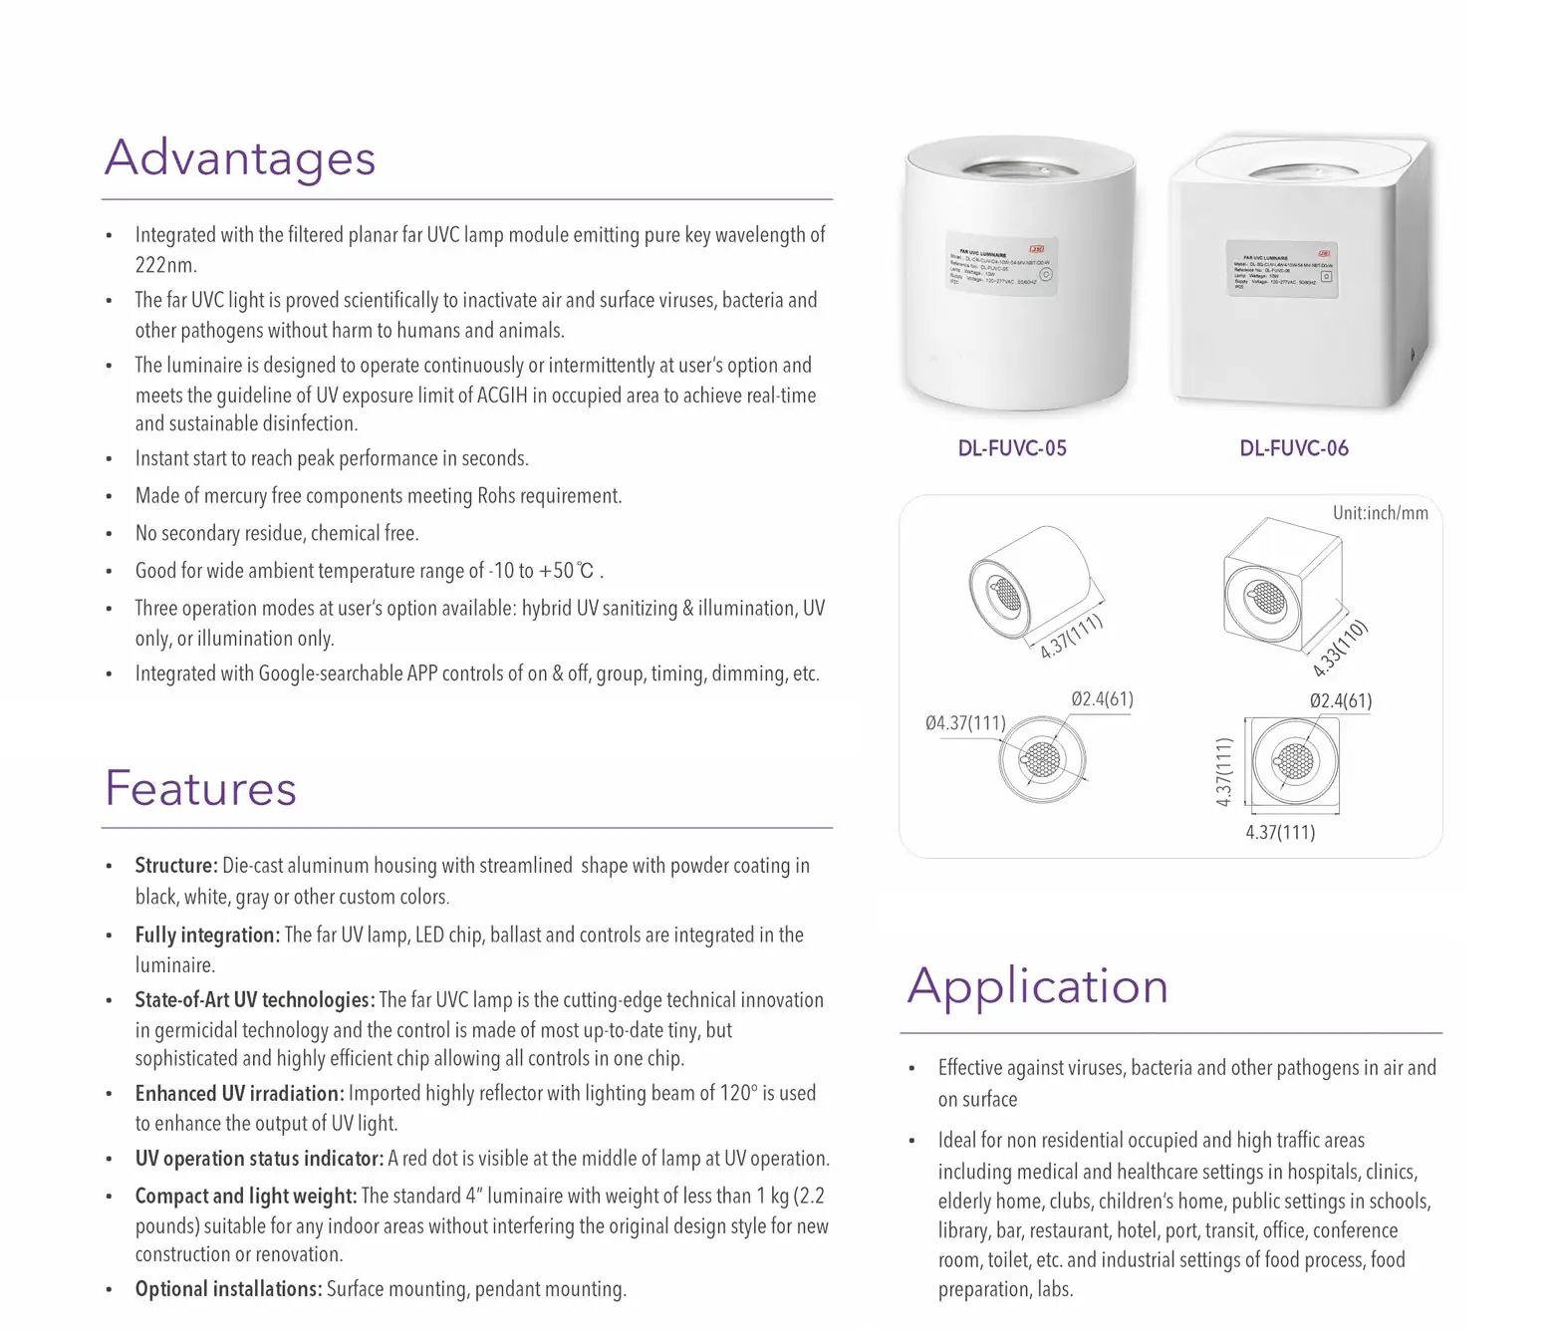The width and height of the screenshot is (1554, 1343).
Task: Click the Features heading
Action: click(201, 789)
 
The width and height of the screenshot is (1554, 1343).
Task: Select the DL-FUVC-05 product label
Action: click(1012, 448)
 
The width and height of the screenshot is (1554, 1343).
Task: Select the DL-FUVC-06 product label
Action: click(1294, 448)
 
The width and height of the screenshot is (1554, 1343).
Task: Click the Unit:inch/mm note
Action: click(1380, 513)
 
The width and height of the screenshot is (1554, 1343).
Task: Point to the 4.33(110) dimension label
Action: click(1341, 649)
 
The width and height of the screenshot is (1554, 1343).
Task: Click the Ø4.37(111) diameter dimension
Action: click(965, 723)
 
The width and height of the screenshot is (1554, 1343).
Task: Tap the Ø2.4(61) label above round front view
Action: click(1102, 699)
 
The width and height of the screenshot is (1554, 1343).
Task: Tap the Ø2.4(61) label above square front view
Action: click(1340, 701)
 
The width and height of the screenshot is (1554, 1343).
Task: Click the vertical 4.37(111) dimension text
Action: click(1224, 771)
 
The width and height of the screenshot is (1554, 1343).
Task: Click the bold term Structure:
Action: click(176, 866)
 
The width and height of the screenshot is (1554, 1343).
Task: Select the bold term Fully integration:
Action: click(207, 936)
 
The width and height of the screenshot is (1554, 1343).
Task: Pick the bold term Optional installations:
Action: click(229, 1289)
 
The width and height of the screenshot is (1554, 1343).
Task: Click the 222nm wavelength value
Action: click(166, 265)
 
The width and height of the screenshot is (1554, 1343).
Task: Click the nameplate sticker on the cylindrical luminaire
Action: click(1000, 265)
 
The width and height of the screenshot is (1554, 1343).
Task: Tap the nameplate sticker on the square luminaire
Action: click(1280, 269)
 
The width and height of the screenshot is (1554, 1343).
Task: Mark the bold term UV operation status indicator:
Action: click(259, 1159)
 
